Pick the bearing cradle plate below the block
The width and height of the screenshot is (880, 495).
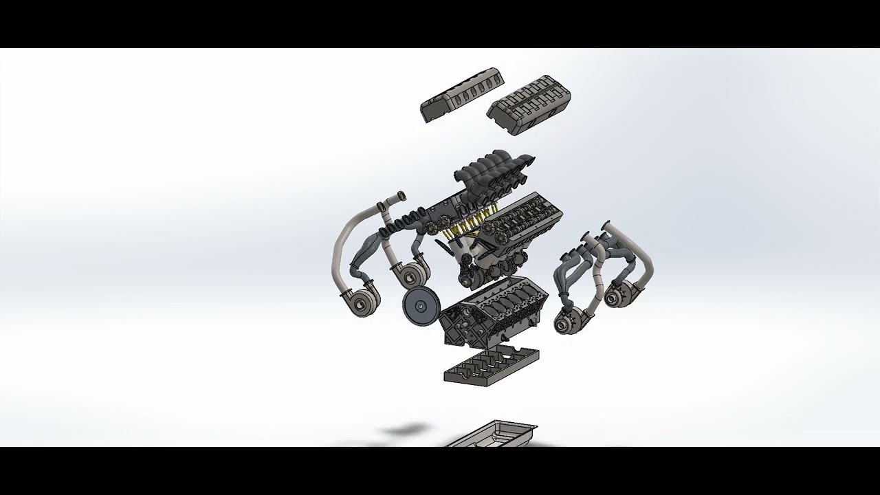coord(491,365)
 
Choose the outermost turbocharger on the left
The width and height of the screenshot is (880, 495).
coord(360,302)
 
